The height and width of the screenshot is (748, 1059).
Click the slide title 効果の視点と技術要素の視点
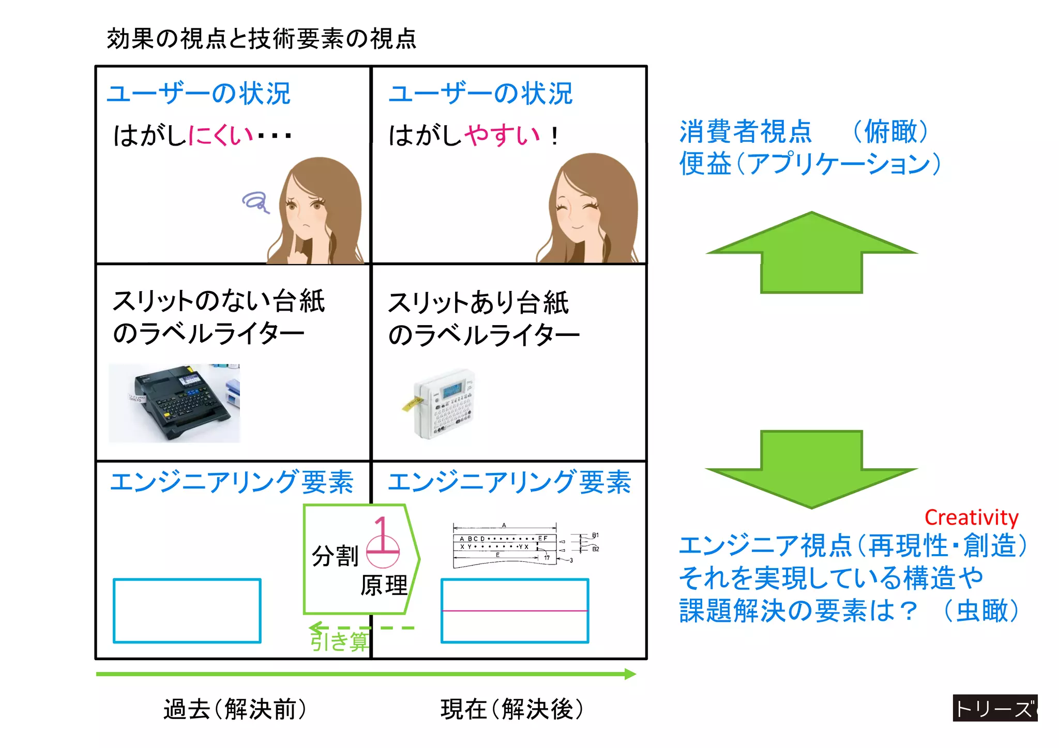click(x=261, y=39)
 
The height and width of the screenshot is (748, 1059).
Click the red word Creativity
click(x=971, y=517)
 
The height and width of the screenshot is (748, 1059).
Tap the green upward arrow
click(x=811, y=253)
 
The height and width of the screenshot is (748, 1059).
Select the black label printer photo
click(x=175, y=403)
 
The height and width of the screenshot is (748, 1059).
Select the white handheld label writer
click(x=444, y=403)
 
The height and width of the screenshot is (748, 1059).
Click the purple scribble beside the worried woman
click(x=255, y=202)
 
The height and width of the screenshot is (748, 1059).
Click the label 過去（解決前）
click(x=235, y=709)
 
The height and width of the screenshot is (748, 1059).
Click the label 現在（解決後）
click(x=512, y=709)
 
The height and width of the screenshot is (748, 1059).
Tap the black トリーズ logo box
click(x=994, y=708)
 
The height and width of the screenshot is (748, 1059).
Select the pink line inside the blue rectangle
click(x=515, y=611)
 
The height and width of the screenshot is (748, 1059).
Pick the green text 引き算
click(x=339, y=642)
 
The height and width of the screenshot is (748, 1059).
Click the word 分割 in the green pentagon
click(x=335, y=556)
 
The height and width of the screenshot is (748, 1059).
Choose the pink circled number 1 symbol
click(x=383, y=543)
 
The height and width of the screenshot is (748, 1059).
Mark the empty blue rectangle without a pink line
click(x=187, y=611)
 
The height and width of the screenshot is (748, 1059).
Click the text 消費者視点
click(x=745, y=131)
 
